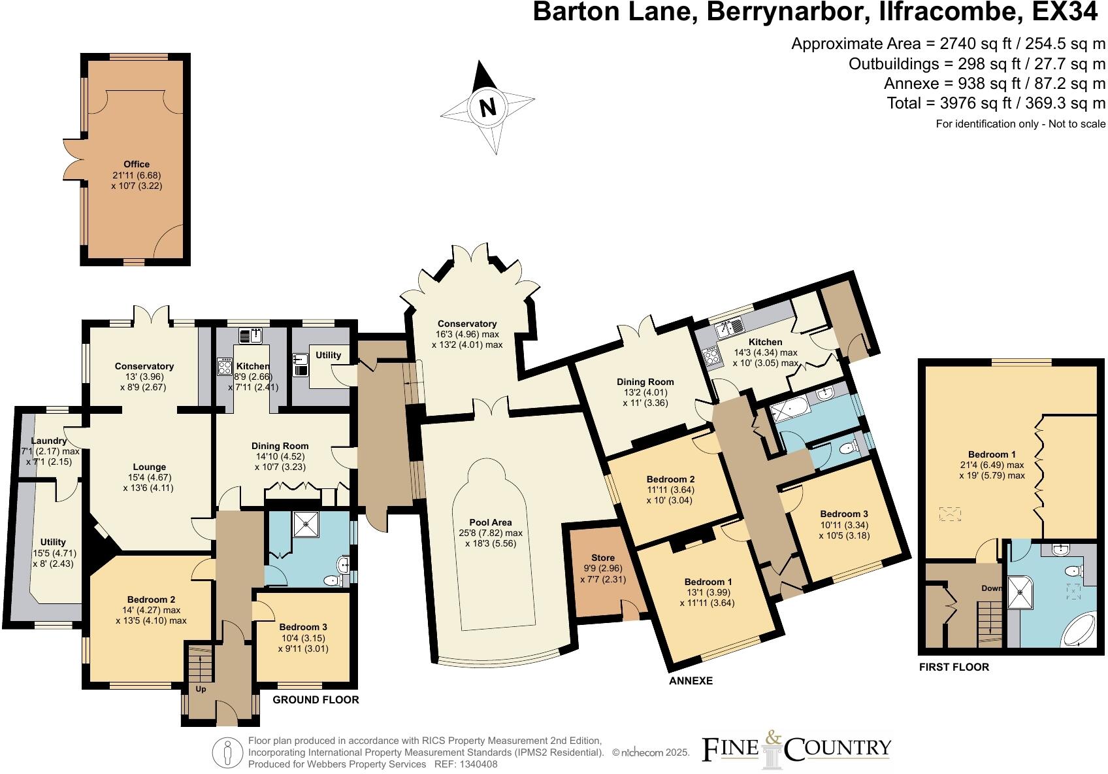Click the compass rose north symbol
(x=487, y=107)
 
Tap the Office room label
(x=137, y=164)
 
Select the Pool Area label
(x=491, y=522)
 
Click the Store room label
(x=603, y=558)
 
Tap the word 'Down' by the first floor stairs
(x=991, y=588)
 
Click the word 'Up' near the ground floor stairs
(x=201, y=707)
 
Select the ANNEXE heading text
(x=691, y=681)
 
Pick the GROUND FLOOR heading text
(x=316, y=699)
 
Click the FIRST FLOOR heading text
(x=954, y=667)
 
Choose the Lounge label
(x=149, y=467)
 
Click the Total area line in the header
(x=996, y=103)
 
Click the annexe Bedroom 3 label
(x=844, y=514)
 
